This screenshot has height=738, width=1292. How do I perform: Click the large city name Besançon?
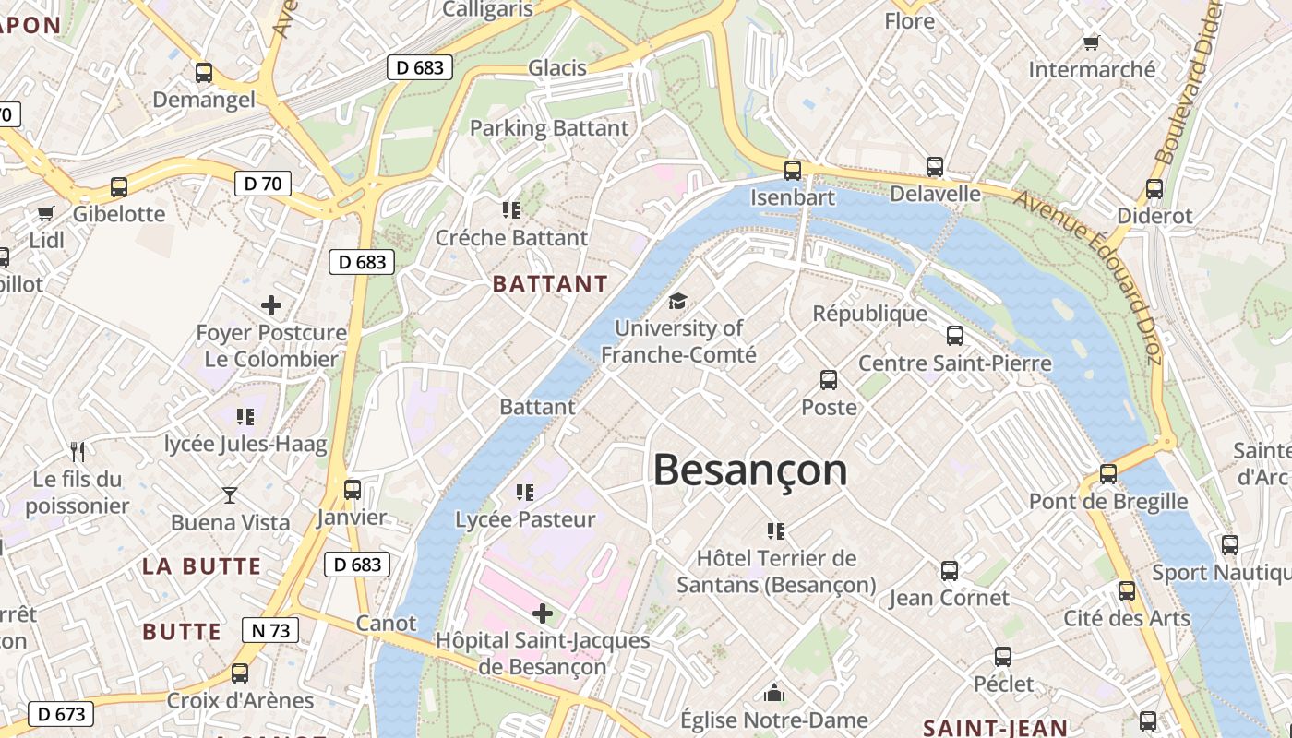749,470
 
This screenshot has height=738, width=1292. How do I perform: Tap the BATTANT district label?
550,284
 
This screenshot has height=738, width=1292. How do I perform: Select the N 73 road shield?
270,631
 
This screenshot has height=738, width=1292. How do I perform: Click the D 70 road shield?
262,184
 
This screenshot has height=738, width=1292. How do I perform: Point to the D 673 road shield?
61,713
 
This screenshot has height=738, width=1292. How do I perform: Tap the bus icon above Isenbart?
792,170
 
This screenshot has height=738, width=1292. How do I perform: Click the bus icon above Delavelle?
935,167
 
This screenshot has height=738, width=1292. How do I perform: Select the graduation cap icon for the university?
678,301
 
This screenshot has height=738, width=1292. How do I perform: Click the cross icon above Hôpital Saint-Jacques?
543,613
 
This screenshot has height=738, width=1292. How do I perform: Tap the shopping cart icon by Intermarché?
1092,42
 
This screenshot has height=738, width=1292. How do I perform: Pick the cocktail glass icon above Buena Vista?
230,495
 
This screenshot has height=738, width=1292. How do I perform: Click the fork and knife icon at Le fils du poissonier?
78,452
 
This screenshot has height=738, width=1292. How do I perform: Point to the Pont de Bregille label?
1108,501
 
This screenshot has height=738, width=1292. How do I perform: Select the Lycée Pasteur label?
525,519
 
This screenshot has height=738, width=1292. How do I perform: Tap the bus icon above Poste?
829,379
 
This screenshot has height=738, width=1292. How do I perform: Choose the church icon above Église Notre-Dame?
773,692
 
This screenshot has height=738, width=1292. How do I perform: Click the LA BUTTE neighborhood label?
202,566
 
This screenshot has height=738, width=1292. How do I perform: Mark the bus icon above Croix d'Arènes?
240,673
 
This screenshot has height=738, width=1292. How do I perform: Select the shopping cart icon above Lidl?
46,214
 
